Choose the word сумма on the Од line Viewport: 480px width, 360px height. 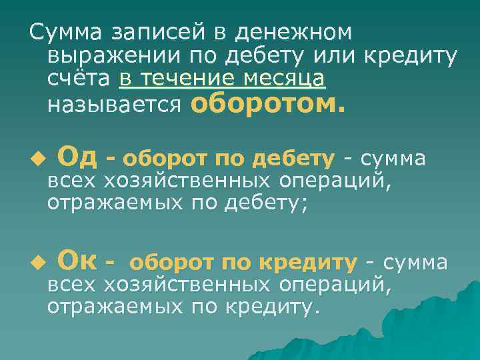[x=395, y=159]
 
